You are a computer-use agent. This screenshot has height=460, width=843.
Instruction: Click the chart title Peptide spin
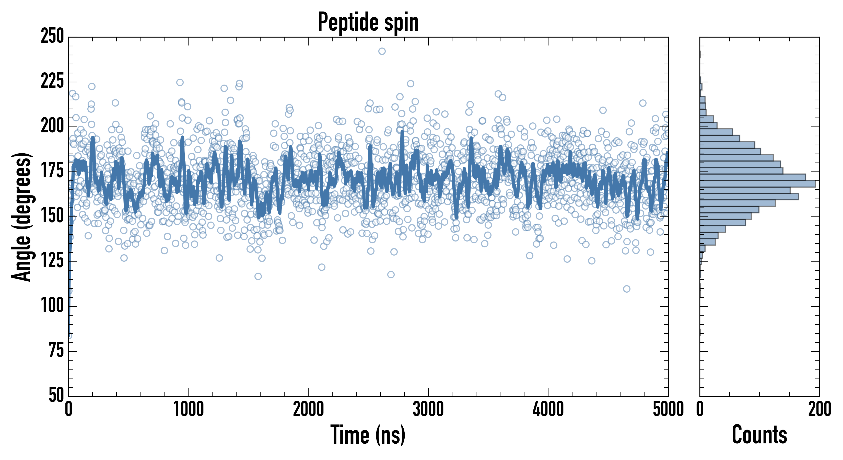click(x=368, y=22)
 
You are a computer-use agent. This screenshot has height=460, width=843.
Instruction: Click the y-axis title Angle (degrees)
click(x=22, y=217)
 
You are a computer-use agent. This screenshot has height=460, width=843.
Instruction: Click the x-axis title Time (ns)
click(x=368, y=434)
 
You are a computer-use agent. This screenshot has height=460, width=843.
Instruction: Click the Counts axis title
click(x=759, y=434)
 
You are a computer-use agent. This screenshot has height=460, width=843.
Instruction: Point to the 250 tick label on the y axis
click(x=52, y=36)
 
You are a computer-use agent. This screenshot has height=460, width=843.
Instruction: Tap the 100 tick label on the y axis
click(x=52, y=306)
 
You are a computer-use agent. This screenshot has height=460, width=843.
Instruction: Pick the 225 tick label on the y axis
click(x=52, y=81)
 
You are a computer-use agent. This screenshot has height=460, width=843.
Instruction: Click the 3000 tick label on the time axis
click(x=428, y=409)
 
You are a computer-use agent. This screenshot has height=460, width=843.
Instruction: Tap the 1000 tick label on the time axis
click(x=189, y=409)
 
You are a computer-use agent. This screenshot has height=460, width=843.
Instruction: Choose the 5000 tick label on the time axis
click(x=668, y=409)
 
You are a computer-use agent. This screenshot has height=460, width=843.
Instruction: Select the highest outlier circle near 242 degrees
click(x=382, y=51)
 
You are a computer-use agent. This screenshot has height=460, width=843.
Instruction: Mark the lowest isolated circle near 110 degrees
click(x=627, y=289)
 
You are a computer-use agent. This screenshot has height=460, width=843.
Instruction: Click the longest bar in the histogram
click(x=758, y=184)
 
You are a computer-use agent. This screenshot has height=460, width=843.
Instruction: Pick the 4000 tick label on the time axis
click(x=548, y=409)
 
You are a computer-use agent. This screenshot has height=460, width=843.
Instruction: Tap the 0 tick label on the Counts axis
click(x=700, y=409)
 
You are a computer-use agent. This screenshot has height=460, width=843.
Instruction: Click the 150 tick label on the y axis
click(x=52, y=216)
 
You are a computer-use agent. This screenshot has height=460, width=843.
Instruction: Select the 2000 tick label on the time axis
click(x=308, y=409)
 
